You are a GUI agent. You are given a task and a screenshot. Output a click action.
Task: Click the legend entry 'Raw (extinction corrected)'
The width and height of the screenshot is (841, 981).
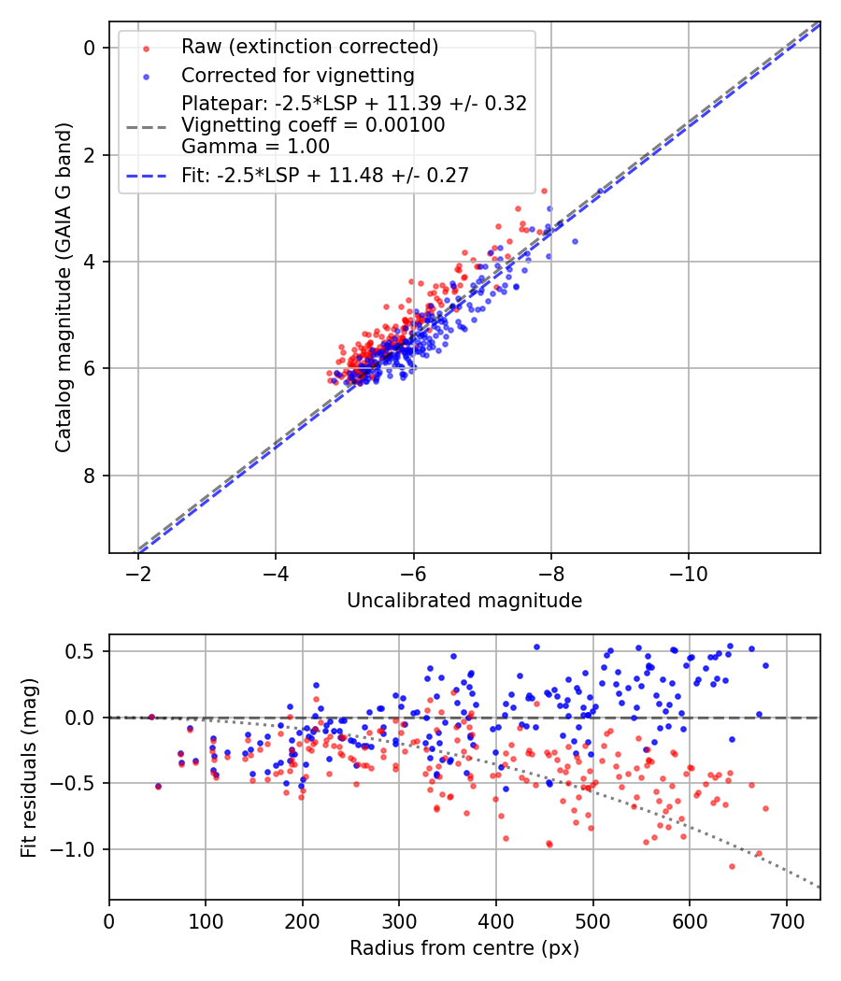coord(309,47)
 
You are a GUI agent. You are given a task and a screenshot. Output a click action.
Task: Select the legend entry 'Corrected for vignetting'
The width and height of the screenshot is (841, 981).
coord(297,75)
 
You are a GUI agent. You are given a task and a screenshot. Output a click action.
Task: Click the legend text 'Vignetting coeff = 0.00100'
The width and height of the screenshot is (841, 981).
coord(313,124)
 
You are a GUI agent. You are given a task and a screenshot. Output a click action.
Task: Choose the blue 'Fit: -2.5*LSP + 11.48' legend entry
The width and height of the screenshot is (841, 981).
coord(324,175)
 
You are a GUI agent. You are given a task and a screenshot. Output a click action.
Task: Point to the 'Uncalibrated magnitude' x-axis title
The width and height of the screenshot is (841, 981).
coord(464,601)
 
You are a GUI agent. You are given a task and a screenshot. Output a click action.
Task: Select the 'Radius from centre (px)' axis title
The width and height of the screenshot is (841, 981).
coord(464,948)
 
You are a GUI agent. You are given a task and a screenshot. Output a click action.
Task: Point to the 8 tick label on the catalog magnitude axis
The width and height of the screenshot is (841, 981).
coord(91,476)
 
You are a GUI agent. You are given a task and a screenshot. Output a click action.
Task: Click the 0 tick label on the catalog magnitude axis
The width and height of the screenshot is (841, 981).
coord(91,48)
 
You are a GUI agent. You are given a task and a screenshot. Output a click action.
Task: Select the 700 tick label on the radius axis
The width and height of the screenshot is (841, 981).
coord(786,919)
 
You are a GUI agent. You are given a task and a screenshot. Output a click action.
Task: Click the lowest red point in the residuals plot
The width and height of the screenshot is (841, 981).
coord(732,866)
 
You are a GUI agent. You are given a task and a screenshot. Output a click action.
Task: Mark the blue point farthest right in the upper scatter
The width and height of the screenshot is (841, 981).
coord(575,241)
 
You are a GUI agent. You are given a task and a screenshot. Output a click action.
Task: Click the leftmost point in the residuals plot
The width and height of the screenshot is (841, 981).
coord(151,717)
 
